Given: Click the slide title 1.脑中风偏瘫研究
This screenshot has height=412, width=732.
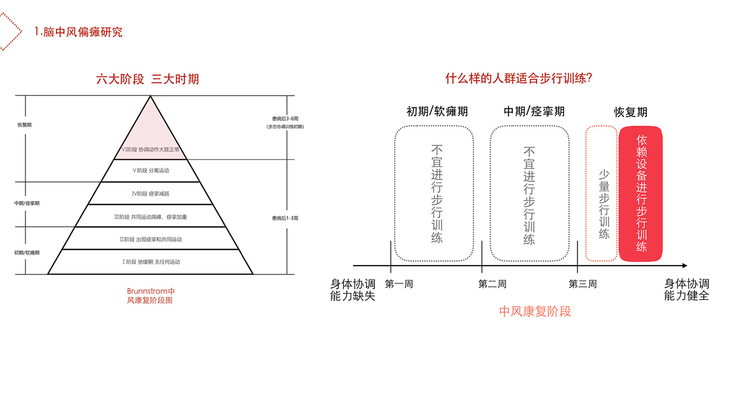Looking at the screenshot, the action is [x=78, y=32].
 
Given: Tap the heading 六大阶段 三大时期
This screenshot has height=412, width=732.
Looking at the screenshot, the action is [x=147, y=79].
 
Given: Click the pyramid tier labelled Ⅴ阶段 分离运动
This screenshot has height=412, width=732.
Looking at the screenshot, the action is [x=151, y=170].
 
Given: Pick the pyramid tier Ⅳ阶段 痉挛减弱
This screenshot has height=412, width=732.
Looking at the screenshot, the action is [x=151, y=193].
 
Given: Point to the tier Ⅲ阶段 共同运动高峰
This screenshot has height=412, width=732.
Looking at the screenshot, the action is [x=151, y=216].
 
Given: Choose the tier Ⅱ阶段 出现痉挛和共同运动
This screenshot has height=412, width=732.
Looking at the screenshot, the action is [x=151, y=239].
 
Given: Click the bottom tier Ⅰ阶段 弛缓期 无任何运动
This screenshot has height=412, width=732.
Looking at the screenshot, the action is [x=151, y=261].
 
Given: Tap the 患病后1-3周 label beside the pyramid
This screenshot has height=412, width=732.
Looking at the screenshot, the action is [x=285, y=218].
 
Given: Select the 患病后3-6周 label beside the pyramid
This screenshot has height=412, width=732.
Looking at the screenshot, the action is [x=285, y=119].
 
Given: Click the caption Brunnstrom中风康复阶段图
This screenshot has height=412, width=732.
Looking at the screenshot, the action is [x=151, y=295].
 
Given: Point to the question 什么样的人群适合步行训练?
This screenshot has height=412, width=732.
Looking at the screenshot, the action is [x=518, y=79].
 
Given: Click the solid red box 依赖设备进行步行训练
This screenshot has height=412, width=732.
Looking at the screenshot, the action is [x=641, y=194].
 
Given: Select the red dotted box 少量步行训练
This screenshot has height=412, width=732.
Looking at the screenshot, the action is [x=602, y=194].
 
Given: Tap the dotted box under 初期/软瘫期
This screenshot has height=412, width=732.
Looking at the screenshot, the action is [x=434, y=193].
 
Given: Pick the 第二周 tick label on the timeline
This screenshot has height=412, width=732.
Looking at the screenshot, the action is [x=492, y=284].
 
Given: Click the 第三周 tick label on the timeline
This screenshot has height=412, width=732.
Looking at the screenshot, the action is [x=582, y=284].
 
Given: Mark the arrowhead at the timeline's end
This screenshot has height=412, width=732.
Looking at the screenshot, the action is [x=683, y=266].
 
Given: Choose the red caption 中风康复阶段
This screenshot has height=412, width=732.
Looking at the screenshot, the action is [x=535, y=312].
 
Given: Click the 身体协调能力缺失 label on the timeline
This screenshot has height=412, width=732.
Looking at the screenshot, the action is [x=353, y=290].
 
